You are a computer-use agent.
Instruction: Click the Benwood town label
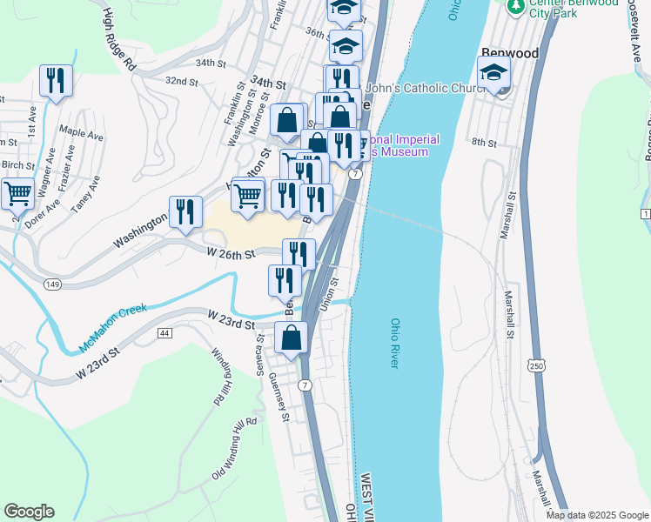509,53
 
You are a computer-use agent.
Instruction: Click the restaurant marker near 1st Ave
56,81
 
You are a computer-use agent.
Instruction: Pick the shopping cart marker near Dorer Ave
17,193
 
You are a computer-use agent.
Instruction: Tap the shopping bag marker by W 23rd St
292,338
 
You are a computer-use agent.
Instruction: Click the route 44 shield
164,333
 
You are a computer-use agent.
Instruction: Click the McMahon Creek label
113,328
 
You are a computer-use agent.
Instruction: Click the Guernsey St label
279,397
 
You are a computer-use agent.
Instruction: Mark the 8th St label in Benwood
483,142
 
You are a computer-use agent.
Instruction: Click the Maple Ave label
81,137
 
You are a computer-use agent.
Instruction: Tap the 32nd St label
182,81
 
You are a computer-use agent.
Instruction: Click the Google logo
29,512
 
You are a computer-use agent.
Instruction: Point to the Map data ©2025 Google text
595,515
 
